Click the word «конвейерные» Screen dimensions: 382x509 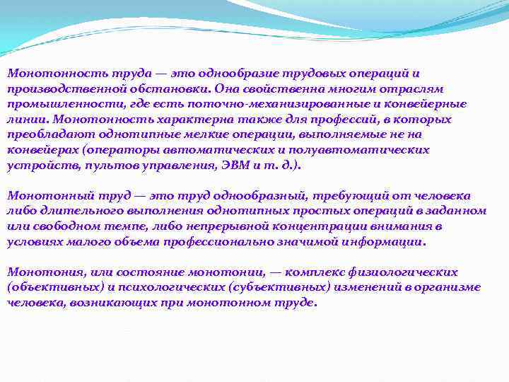(x=430, y=105)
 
